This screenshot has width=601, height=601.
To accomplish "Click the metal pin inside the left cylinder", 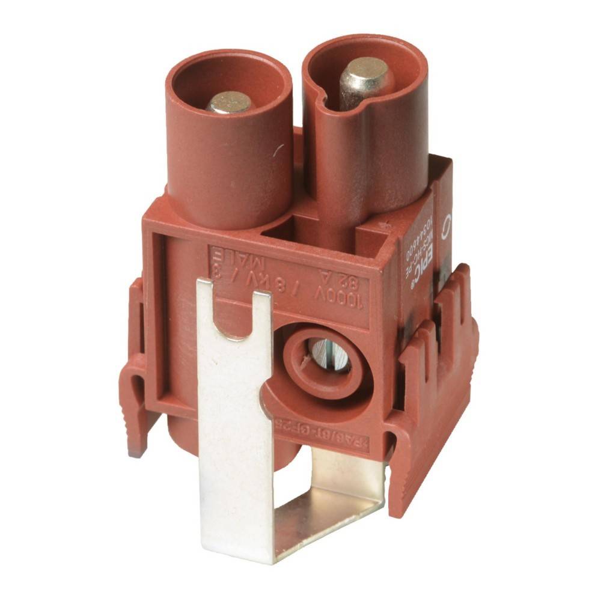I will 229,102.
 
